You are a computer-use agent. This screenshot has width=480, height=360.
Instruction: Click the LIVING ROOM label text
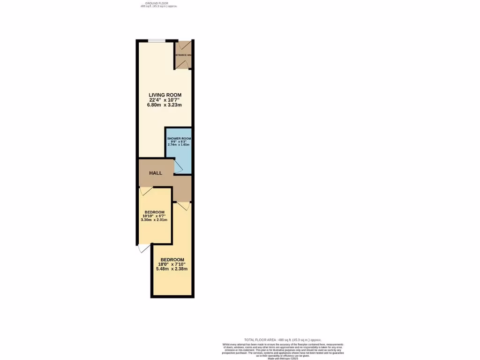coord(162,95)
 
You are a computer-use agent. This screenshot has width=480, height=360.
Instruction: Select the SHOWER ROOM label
coord(179,139)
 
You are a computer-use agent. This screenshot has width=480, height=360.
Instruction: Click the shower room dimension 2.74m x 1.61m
coord(179,145)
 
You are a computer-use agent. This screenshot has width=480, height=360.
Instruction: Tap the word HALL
coord(156,173)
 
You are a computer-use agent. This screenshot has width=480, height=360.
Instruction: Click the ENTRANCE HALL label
coord(183,55)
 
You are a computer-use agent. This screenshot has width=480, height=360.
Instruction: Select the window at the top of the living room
coord(156,41)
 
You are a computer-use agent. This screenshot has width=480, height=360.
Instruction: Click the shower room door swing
coord(178,165)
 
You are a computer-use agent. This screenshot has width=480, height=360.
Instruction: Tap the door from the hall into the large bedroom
coord(182,205)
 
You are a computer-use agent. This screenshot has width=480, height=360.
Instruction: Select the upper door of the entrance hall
coord(183,46)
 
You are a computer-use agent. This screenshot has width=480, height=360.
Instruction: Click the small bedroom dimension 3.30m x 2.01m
coord(154,219)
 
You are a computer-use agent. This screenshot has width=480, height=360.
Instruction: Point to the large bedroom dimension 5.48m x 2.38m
coord(172,269)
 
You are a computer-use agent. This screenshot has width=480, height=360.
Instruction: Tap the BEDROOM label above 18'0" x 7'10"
coord(172,260)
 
